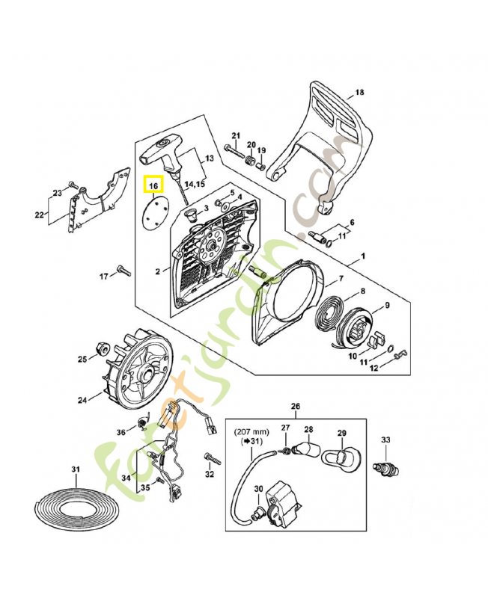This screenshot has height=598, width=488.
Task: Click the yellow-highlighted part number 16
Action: (x=153, y=185)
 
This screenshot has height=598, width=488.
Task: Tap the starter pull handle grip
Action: (x=162, y=155)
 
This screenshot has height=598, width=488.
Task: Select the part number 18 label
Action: (x=359, y=92)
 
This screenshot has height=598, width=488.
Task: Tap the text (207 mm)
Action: (x=251, y=432)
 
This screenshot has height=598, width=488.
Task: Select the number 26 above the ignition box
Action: (x=295, y=406)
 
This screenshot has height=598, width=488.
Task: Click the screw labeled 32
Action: (x=213, y=459)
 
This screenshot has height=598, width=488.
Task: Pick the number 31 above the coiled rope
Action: (x=76, y=469)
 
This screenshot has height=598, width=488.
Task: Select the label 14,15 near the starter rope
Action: (x=195, y=185)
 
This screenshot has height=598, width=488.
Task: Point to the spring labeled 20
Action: (x=250, y=160)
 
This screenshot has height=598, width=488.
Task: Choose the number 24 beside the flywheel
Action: (x=82, y=400)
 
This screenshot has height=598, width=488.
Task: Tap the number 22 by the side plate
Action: (x=40, y=215)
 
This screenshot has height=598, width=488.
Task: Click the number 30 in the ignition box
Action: (x=258, y=489)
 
